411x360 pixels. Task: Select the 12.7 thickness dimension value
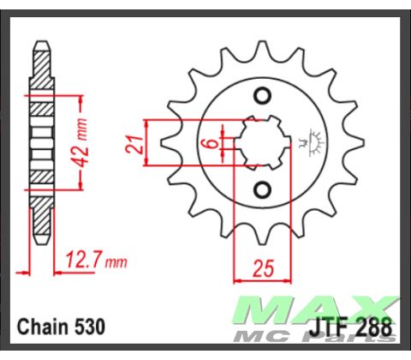click(77, 257)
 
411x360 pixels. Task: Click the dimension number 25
click(263, 267)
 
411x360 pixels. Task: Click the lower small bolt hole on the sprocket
click(264, 189)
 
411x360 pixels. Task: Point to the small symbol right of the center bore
click(306, 143)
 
